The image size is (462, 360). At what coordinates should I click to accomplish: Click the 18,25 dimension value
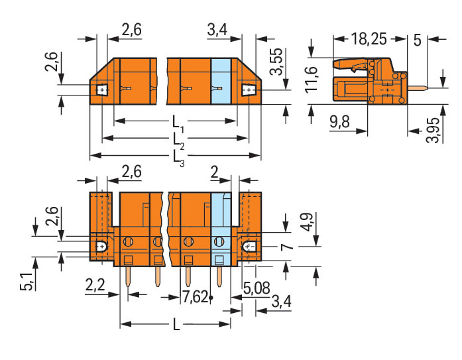click(x=369, y=39)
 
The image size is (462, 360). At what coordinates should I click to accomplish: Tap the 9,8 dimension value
click(x=340, y=121)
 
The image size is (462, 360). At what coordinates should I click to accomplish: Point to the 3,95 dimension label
click(x=433, y=130)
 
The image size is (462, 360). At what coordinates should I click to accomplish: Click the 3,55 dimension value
click(x=276, y=61)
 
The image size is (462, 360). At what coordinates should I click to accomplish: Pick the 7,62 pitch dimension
click(x=196, y=296)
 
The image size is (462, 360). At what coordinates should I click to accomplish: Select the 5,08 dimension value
click(x=257, y=288)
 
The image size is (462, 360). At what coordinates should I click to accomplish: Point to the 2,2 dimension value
click(x=95, y=285)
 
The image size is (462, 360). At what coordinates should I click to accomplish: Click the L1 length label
click(x=178, y=123)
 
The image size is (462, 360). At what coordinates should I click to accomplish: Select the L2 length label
click(x=178, y=141)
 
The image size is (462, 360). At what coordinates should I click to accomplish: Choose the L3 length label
click(x=178, y=158)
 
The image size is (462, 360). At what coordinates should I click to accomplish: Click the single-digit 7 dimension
click(x=287, y=247)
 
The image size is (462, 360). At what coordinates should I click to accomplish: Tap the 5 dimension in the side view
click(x=417, y=40)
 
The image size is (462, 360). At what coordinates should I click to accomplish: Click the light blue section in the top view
click(x=221, y=82)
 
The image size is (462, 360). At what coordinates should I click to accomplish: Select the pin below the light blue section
click(x=219, y=276)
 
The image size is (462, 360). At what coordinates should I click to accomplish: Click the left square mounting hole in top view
click(x=102, y=90)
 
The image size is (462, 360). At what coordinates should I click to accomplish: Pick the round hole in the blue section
click(x=219, y=242)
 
